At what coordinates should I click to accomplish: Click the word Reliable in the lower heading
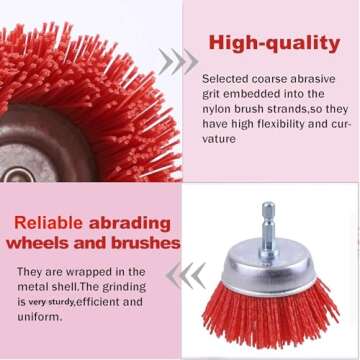40,223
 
